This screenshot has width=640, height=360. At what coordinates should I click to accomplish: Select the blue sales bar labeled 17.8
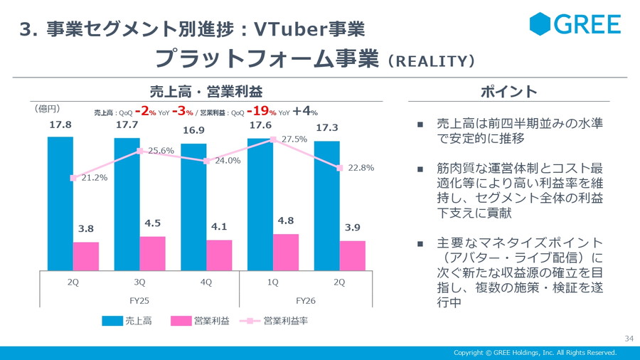coord(60,203)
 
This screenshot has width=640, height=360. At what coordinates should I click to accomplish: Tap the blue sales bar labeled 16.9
coord(193,206)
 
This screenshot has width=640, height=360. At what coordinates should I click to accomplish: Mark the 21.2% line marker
coord(73,178)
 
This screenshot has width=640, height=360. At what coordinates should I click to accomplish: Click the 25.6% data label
coord(161,151)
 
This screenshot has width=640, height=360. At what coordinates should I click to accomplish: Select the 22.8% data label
coord(361,168)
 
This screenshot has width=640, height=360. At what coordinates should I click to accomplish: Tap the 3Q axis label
coord(140,282)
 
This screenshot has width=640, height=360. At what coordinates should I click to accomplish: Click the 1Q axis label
coord(272,282)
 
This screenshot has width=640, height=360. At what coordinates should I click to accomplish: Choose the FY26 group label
coord(306,300)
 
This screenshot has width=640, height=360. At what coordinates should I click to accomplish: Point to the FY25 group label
coord(140,300)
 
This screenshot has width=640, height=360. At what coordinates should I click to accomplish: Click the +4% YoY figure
coord(305,111)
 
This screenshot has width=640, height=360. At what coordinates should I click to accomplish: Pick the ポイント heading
coord(508,92)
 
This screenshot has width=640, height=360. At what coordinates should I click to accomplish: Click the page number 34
coord(628,337)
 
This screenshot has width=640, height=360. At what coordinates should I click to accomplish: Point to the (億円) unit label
coord(47,109)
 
